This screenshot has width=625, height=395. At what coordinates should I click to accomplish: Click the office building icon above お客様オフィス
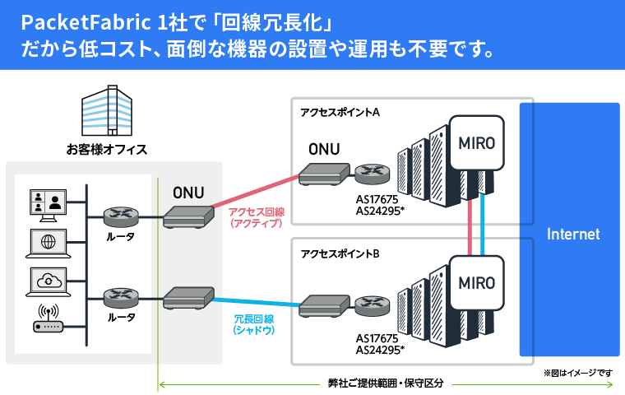[106, 114]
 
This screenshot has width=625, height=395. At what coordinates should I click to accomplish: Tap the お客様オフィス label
[107, 150]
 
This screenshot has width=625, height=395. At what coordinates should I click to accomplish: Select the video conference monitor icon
[47, 202]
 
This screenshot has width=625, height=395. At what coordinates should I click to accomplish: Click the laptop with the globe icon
[47, 242]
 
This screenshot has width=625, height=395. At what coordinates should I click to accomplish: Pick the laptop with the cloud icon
[47, 281]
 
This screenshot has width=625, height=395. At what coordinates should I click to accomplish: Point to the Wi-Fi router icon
[48, 321]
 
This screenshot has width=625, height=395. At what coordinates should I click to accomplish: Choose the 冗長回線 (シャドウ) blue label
[253, 323]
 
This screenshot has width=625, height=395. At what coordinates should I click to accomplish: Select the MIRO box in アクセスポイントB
[476, 282]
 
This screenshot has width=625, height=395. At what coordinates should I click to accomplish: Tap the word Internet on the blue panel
[573, 235]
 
